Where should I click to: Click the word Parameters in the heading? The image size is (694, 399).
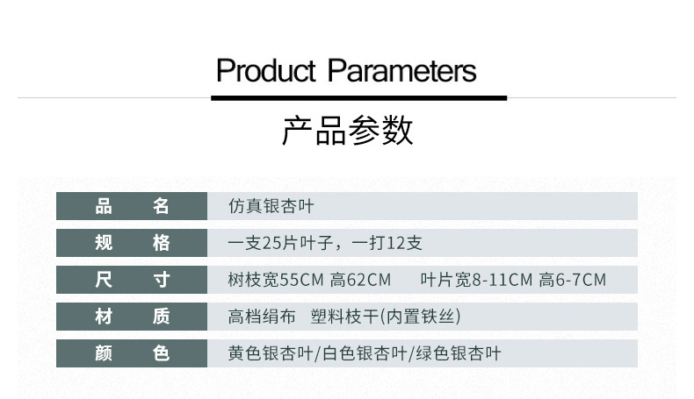click(402, 70)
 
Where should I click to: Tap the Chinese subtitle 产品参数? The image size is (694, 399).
click(347, 130)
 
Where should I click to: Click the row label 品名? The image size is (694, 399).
click(132, 207)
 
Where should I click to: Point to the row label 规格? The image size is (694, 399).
click(132, 243)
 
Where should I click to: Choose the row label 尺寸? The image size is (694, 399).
click(132, 280)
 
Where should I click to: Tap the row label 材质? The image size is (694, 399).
click(132, 317)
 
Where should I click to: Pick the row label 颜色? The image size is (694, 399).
click(132, 353)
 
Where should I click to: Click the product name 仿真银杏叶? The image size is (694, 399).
click(271, 207)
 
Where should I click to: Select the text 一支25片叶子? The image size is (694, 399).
click(282, 243)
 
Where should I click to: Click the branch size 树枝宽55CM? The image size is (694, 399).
click(276, 281)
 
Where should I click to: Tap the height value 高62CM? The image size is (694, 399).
click(360, 281)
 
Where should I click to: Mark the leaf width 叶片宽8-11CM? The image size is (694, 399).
click(477, 281)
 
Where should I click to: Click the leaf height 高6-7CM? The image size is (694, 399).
click(573, 281)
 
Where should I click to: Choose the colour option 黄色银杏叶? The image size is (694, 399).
click(271, 353)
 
